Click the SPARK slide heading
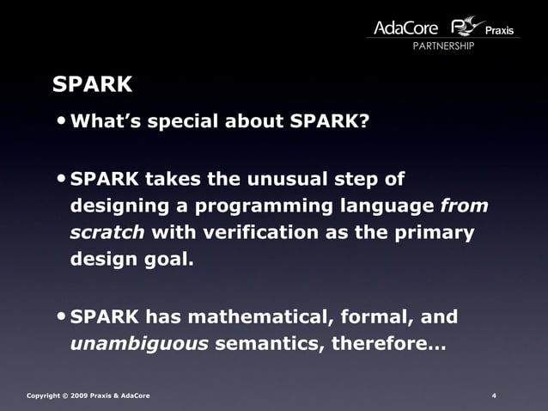pos(92,84)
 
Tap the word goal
pos(161,260)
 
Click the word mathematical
pos(258,317)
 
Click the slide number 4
pos(494,396)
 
